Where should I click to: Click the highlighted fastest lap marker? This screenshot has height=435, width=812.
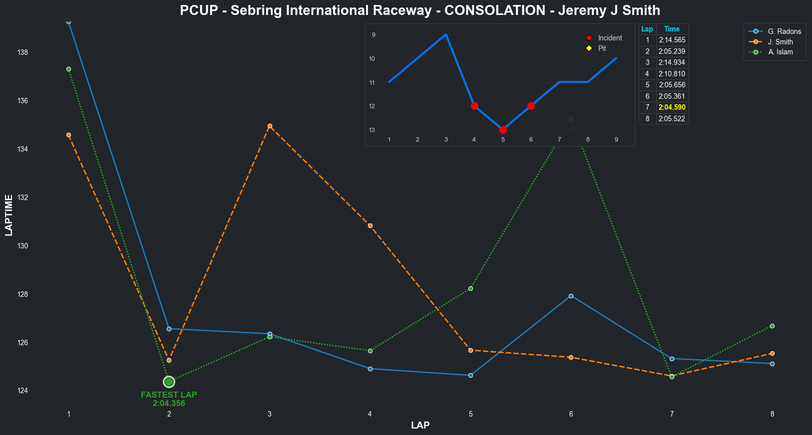169,382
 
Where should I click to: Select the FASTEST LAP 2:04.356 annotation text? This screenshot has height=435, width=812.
169,399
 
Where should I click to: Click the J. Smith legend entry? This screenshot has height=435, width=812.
780,42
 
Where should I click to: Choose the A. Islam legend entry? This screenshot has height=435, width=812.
780,52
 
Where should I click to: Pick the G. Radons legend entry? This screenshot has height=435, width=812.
784,31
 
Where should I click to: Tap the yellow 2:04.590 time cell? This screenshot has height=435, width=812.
672,107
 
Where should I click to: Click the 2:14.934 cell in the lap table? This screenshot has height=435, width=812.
672,62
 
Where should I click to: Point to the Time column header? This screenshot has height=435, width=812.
672,29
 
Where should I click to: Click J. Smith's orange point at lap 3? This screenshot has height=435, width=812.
270,126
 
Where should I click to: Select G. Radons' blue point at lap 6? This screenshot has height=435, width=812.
571,296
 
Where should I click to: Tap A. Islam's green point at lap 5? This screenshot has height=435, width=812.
470,289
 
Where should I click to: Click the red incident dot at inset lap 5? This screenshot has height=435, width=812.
503,130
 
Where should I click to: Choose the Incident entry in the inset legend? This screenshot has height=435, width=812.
610,38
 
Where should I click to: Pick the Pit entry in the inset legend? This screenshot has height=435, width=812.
602,48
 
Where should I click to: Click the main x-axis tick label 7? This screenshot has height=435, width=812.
672,414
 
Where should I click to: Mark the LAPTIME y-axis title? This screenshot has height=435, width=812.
8,216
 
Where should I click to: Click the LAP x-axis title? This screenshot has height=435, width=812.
420,426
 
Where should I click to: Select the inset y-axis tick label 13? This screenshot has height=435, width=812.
372,130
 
